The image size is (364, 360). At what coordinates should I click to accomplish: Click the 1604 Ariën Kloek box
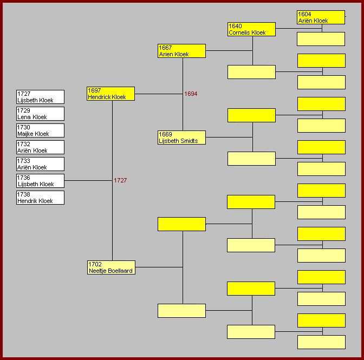click(x=321, y=17)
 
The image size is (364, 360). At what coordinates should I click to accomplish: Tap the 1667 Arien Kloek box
click(x=181, y=51)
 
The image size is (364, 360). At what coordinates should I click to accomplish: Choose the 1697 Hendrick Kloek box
click(x=110, y=94)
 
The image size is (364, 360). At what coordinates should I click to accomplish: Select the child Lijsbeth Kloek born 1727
click(x=40, y=97)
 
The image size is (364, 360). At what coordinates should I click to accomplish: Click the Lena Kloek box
click(x=40, y=114)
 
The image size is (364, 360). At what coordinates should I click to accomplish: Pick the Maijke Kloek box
click(x=40, y=130)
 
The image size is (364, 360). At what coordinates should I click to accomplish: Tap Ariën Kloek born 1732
click(x=40, y=147)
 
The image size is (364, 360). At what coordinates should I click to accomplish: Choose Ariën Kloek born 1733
click(x=40, y=164)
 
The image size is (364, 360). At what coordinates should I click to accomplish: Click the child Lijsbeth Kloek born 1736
click(x=40, y=181)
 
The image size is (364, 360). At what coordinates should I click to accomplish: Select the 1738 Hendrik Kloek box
click(x=40, y=198)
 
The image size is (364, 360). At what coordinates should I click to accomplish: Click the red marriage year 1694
click(x=191, y=94)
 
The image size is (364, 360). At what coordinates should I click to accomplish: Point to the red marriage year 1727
click(x=120, y=180)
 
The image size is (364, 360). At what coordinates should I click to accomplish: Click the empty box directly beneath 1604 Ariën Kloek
click(x=321, y=39)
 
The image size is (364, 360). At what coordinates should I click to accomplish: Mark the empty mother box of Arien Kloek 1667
click(x=251, y=72)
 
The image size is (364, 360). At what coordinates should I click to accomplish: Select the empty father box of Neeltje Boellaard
click(x=181, y=224)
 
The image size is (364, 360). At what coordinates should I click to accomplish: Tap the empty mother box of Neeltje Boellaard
click(x=181, y=311)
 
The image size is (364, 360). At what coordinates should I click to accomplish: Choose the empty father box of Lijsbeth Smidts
click(x=251, y=115)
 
